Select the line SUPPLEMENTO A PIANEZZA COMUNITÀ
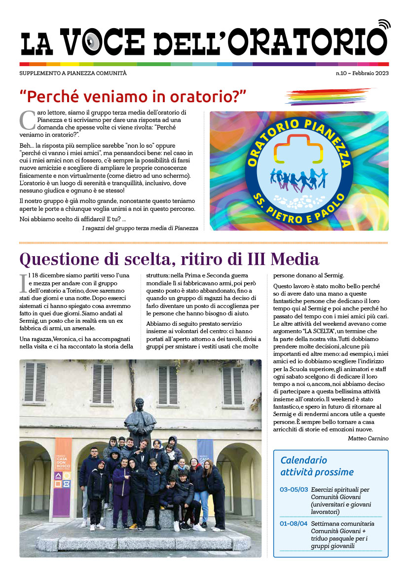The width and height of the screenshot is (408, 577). point(73,73)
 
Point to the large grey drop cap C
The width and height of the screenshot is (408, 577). point(26,120)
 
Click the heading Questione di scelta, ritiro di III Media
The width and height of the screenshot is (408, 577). point(169,259)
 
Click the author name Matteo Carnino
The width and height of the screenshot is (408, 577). point(368,438)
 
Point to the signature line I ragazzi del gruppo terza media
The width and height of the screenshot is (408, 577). point(140,228)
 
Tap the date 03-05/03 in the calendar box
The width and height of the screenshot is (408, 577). point(294,490)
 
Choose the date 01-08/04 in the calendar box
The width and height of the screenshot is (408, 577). point(294,523)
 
